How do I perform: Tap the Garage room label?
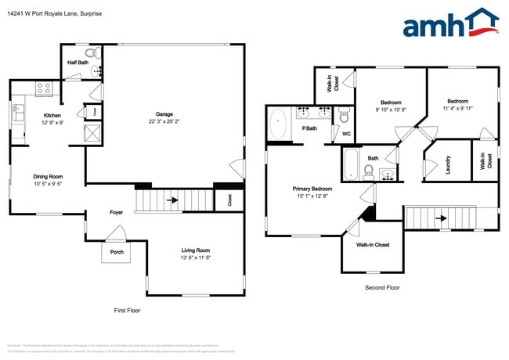164,114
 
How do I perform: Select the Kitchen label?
52,115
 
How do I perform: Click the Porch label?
117,252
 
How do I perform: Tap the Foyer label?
116,212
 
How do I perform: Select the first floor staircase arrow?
171,200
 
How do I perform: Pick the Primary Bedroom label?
312,189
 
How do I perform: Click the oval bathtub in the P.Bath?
278,124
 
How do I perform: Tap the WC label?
346,134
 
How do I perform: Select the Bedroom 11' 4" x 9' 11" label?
457,101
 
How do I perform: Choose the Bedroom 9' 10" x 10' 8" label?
391,103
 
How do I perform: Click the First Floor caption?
127,311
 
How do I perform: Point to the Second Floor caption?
382,288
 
